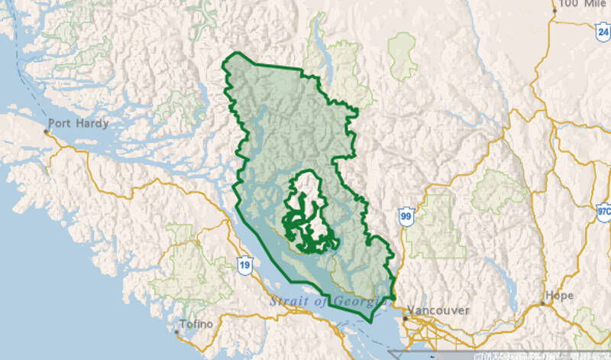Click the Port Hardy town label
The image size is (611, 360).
tap(79, 123)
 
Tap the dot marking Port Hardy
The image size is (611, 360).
tap(46, 132)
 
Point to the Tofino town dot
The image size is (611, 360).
tap(178, 332)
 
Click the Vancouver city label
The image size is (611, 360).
tap(438, 310)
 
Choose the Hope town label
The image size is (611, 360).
tap(558, 295)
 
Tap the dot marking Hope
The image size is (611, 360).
tap(542, 303)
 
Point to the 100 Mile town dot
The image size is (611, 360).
tap(555, 11)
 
